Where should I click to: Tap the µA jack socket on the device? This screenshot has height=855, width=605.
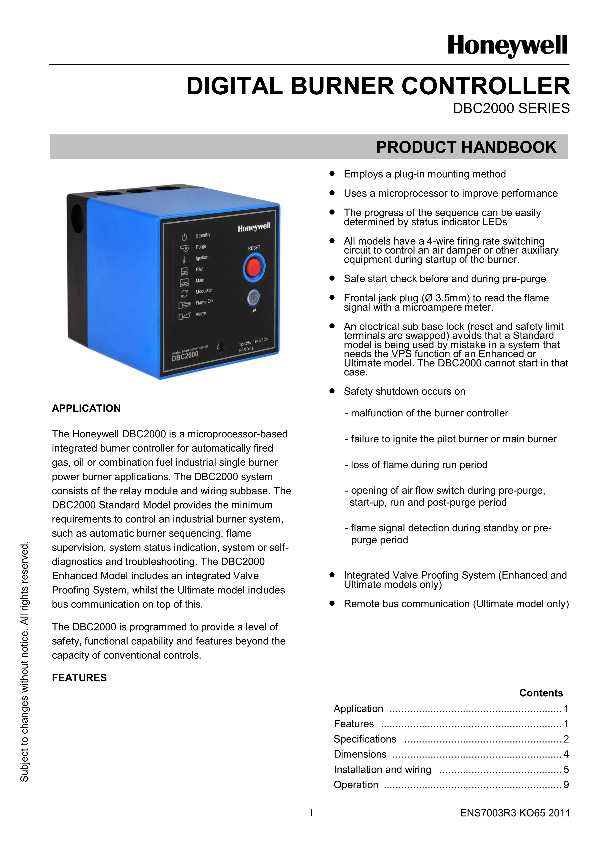(253, 298)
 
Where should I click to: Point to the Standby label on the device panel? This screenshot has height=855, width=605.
(203, 235)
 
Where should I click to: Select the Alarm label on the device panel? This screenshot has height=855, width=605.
(201, 314)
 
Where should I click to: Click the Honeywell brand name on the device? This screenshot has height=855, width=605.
(254, 227)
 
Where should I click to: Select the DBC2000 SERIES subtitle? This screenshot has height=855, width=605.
(511, 108)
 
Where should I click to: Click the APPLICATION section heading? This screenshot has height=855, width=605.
(86, 409)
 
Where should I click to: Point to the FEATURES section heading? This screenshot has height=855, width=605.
(79, 678)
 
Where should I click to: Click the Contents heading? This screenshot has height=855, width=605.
(541, 693)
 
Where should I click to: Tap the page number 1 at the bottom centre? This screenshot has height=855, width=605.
(311, 813)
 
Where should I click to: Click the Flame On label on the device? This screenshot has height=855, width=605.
(204, 302)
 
